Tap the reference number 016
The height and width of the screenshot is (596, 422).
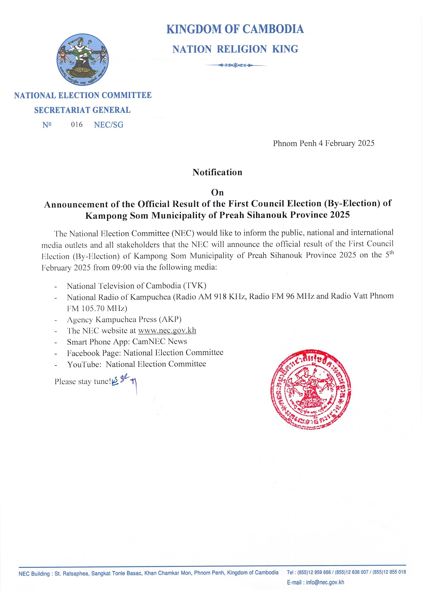coord(77,125)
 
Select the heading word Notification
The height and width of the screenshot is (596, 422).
coord(217,172)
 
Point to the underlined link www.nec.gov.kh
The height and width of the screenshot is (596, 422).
coord(167,331)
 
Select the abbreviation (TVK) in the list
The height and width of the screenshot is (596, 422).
coord(195,286)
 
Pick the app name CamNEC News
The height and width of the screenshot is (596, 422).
coord(160,342)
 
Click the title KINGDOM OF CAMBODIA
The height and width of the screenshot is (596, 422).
coord(235,29)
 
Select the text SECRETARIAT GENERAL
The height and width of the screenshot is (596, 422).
coord(82,110)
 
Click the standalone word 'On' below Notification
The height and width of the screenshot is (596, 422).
coord(217,193)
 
